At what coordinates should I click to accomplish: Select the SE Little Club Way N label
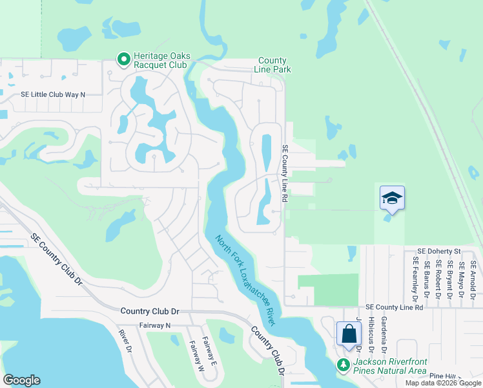click(53, 94)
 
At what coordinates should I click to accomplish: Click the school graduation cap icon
click(392, 198)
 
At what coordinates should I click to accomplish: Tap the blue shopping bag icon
click(349, 334)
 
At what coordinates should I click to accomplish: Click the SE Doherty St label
click(438, 251)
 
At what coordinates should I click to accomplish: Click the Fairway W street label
click(196, 356)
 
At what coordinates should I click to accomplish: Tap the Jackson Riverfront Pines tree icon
click(344, 365)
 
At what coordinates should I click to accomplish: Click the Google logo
click(21, 380)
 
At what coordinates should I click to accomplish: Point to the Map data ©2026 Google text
click(442, 383)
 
